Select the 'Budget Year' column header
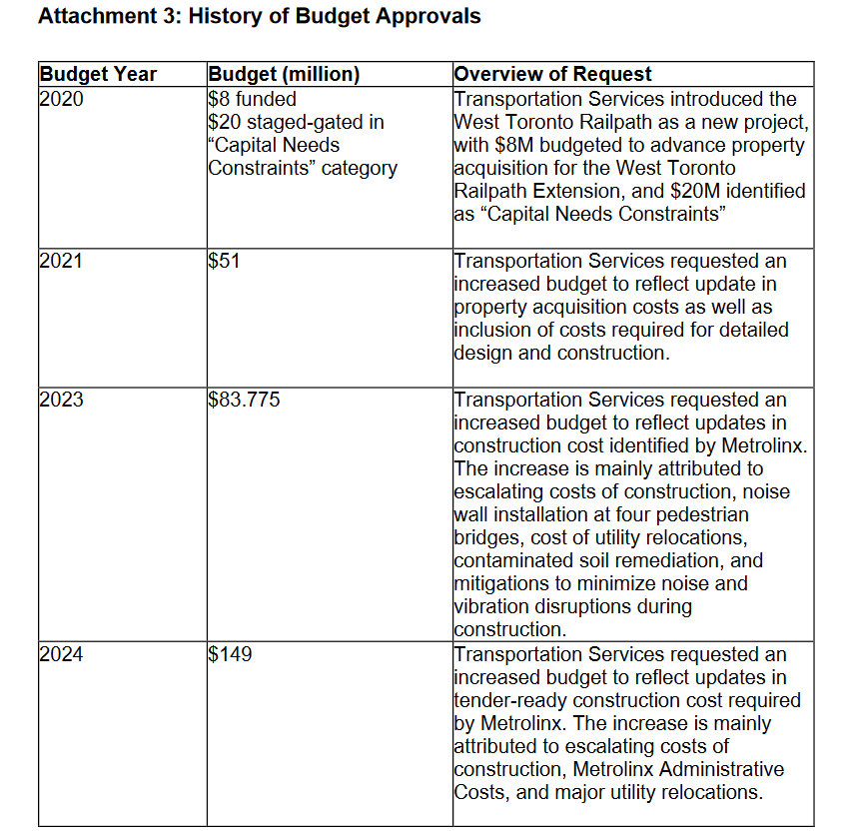coord(98,74)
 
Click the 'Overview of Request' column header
coord(552,74)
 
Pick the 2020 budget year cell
coord(62,99)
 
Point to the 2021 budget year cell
coord(62,261)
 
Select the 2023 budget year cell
coord(62,400)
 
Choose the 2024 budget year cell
coord(62,654)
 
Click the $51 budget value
coord(224,261)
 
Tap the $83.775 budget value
coord(245,400)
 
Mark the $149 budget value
coord(230,654)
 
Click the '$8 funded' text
coord(252,99)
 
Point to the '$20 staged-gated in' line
coord(296,122)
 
